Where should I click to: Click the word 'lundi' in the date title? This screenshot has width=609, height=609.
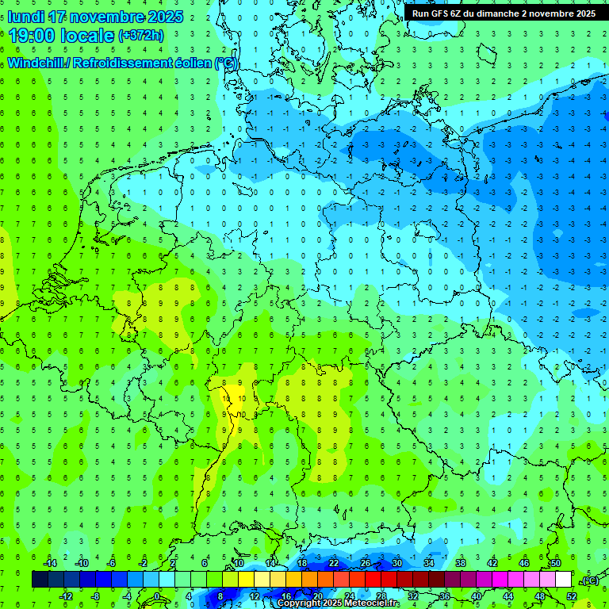27,17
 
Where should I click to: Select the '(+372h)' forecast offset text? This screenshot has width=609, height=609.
140,36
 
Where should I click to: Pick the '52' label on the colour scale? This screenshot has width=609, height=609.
572,596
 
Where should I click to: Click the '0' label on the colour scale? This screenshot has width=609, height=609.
157,596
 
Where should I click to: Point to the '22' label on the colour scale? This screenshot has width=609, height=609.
334,563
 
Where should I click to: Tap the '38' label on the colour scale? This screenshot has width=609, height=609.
461,563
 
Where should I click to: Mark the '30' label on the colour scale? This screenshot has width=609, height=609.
397,563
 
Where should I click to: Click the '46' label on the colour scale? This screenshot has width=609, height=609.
524,563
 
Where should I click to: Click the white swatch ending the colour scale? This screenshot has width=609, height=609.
563,580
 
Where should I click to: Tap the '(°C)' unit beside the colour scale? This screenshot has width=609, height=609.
590,580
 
